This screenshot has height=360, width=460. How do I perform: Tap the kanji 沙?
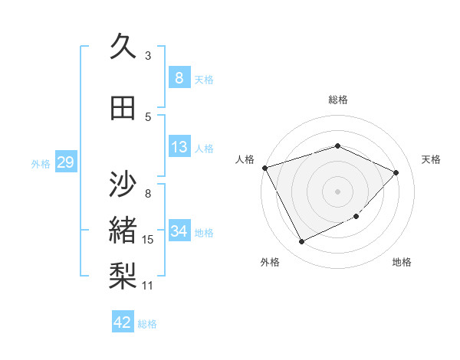pos(123,183)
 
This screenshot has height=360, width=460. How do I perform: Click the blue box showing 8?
pos(179,78)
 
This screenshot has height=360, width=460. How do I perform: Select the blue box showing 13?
pos(179,148)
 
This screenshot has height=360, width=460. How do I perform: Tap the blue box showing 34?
pos(179,231)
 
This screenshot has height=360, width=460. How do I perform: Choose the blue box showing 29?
pos(65,162)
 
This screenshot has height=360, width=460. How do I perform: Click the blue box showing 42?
pos(123,322)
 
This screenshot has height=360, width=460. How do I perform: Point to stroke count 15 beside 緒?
pos(148,240)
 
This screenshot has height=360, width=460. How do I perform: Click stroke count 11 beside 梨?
pos(148,286)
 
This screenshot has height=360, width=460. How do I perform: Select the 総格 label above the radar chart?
pos(338,100)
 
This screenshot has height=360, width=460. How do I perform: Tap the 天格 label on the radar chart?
pos(431,159)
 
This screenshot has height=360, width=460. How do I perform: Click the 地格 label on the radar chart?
pos(402,262)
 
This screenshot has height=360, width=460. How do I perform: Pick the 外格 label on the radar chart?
pos(270,262)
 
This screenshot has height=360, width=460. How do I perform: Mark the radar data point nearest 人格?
pos(264,167)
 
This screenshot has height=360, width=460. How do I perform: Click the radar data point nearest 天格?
pos(396,172)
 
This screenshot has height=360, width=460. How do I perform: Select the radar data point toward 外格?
pos(301,242)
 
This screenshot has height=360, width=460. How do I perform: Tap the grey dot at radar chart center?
pos(338,191)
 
